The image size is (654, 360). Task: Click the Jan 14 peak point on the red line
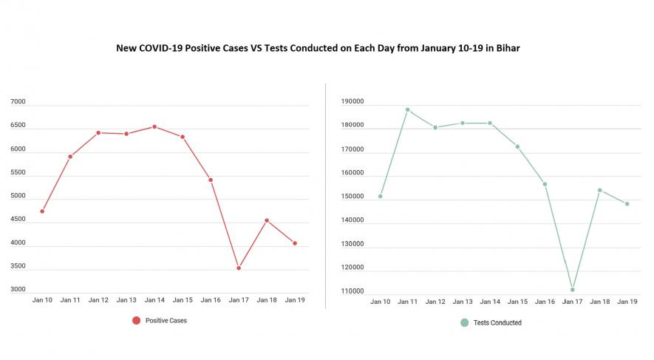point(154,126)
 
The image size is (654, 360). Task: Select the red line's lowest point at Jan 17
point(239,268)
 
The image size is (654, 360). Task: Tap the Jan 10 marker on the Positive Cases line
point(42,211)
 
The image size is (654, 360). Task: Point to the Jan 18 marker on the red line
point(267,220)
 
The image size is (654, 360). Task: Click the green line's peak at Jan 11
point(407,109)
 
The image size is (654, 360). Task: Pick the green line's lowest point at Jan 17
point(573,290)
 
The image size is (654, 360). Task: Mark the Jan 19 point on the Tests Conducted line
point(627,204)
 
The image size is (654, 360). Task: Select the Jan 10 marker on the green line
point(380,197)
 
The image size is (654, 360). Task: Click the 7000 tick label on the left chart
point(18,103)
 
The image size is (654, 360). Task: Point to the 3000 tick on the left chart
point(18,290)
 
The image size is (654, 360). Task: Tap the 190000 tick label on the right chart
point(351,103)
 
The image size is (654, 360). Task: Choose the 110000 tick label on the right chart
point(351,291)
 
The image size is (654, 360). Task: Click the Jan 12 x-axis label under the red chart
point(98,300)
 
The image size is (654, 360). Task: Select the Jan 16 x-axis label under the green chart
point(545,302)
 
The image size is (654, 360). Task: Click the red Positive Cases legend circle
point(136,320)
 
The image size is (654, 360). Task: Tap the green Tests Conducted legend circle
point(464,322)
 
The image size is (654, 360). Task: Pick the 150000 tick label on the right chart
point(351,197)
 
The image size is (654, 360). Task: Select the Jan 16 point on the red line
point(211,180)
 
